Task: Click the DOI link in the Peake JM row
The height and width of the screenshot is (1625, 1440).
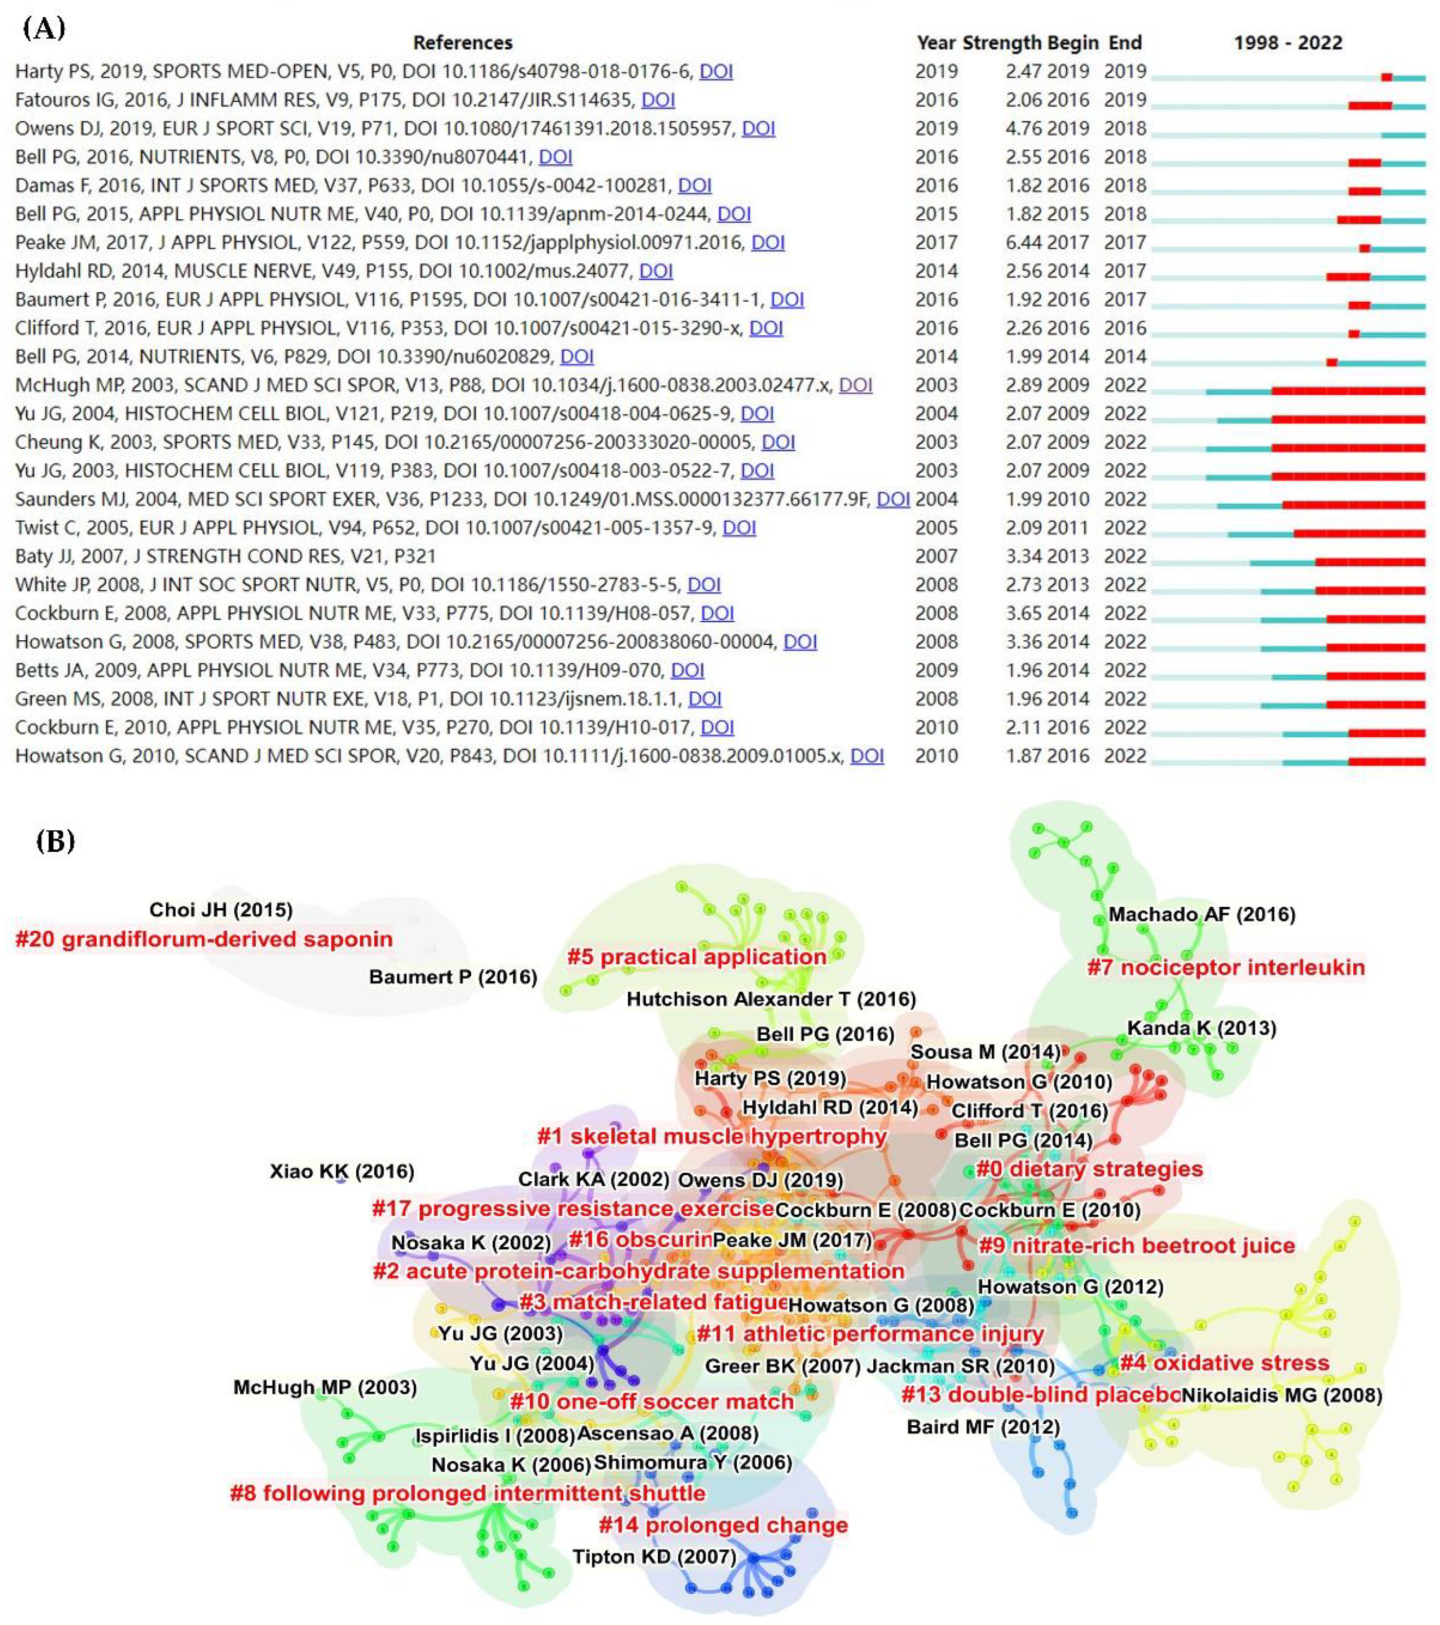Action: click(768, 243)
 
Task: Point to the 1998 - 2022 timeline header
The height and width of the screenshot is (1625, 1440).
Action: click(1287, 43)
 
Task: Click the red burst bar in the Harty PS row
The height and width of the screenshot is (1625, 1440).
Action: click(1386, 77)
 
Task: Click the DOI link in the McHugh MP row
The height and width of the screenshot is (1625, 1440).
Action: click(856, 385)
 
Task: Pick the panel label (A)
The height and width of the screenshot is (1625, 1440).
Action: click(44, 29)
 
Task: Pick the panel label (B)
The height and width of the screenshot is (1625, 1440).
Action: click(55, 841)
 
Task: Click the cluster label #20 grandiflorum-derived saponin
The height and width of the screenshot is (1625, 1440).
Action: click(204, 939)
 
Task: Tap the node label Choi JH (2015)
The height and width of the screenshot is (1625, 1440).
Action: click(221, 910)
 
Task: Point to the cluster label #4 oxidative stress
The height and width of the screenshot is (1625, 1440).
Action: click(1224, 1363)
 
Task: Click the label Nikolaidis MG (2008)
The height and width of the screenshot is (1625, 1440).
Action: click(1281, 1395)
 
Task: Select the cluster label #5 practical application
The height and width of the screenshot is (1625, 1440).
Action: click(696, 956)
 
